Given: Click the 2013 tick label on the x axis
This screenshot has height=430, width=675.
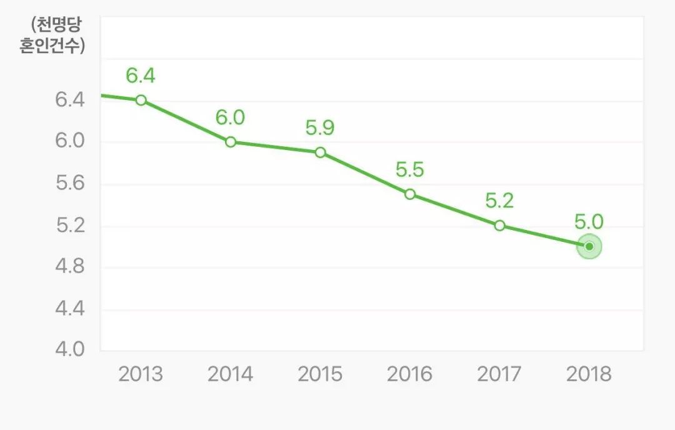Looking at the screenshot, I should pyautogui.click(x=141, y=374).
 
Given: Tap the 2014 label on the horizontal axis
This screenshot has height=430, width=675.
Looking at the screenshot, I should pyautogui.click(x=230, y=374).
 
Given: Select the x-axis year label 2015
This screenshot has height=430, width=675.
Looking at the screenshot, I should pyautogui.click(x=320, y=374).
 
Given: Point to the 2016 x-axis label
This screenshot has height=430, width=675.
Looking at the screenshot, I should pyautogui.click(x=409, y=374).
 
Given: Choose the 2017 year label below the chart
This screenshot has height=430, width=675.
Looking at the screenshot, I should pyautogui.click(x=499, y=374).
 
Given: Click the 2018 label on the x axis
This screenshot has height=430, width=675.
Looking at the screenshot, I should pyautogui.click(x=589, y=374).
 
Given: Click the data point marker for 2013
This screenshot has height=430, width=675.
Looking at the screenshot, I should pyautogui.click(x=141, y=100).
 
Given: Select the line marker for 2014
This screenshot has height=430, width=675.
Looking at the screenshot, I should pyautogui.click(x=231, y=142).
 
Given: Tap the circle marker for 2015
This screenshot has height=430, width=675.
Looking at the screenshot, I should pyautogui.click(x=320, y=152).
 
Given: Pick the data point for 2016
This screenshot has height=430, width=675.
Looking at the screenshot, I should pyautogui.click(x=410, y=194).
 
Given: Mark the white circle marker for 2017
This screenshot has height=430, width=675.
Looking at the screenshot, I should pyautogui.click(x=499, y=225).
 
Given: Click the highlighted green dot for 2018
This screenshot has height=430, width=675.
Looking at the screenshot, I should pyautogui.click(x=589, y=246).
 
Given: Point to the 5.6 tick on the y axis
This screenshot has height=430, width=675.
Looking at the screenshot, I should pyautogui.click(x=69, y=183).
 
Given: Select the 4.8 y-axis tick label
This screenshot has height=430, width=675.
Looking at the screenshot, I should pyautogui.click(x=69, y=267).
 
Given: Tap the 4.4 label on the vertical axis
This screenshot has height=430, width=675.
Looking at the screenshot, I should pyautogui.click(x=69, y=309).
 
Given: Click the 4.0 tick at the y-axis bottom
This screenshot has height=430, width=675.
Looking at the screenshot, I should pyautogui.click(x=69, y=349).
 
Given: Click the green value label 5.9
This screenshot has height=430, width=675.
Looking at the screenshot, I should pyautogui.click(x=320, y=127).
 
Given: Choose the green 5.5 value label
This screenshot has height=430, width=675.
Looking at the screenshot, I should pyautogui.click(x=410, y=169).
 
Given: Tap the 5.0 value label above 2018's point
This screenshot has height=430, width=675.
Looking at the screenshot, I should pyautogui.click(x=589, y=221).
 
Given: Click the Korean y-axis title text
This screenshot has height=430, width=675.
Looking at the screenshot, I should pyautogui.click(x=52, y=36).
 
